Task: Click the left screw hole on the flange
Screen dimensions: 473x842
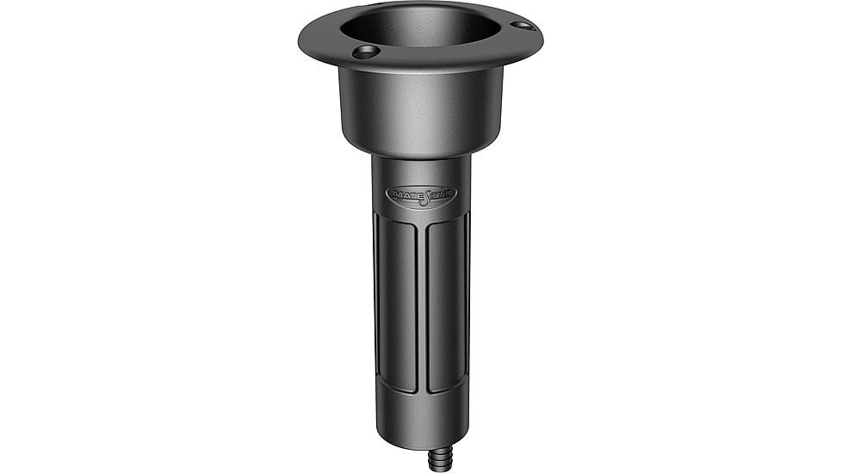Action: pyautogui.click(x=365, y=52)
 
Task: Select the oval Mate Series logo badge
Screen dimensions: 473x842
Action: pyautogui.click(x=421, y=194)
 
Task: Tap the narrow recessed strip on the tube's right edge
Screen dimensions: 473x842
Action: pyautogui.click(x=467, y=301)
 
